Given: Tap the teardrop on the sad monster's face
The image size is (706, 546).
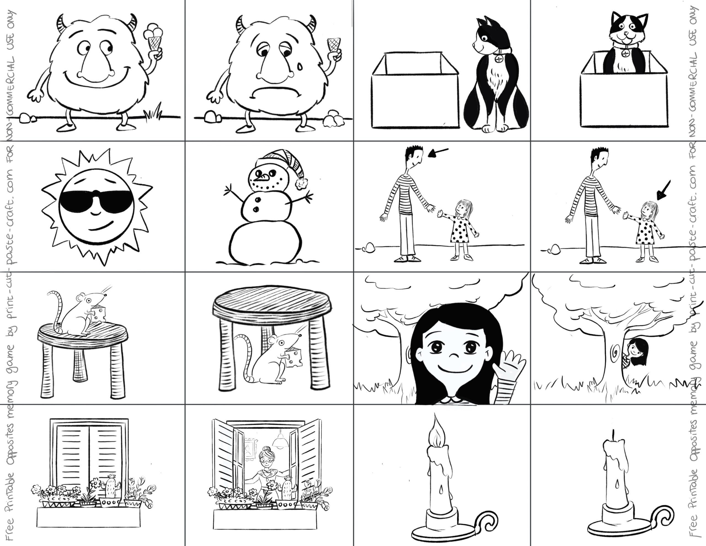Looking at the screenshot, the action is pyautogui.click(x=300, y=66).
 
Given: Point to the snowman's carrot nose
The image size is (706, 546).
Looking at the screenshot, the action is pyautogui.click(x=263, y=177).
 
